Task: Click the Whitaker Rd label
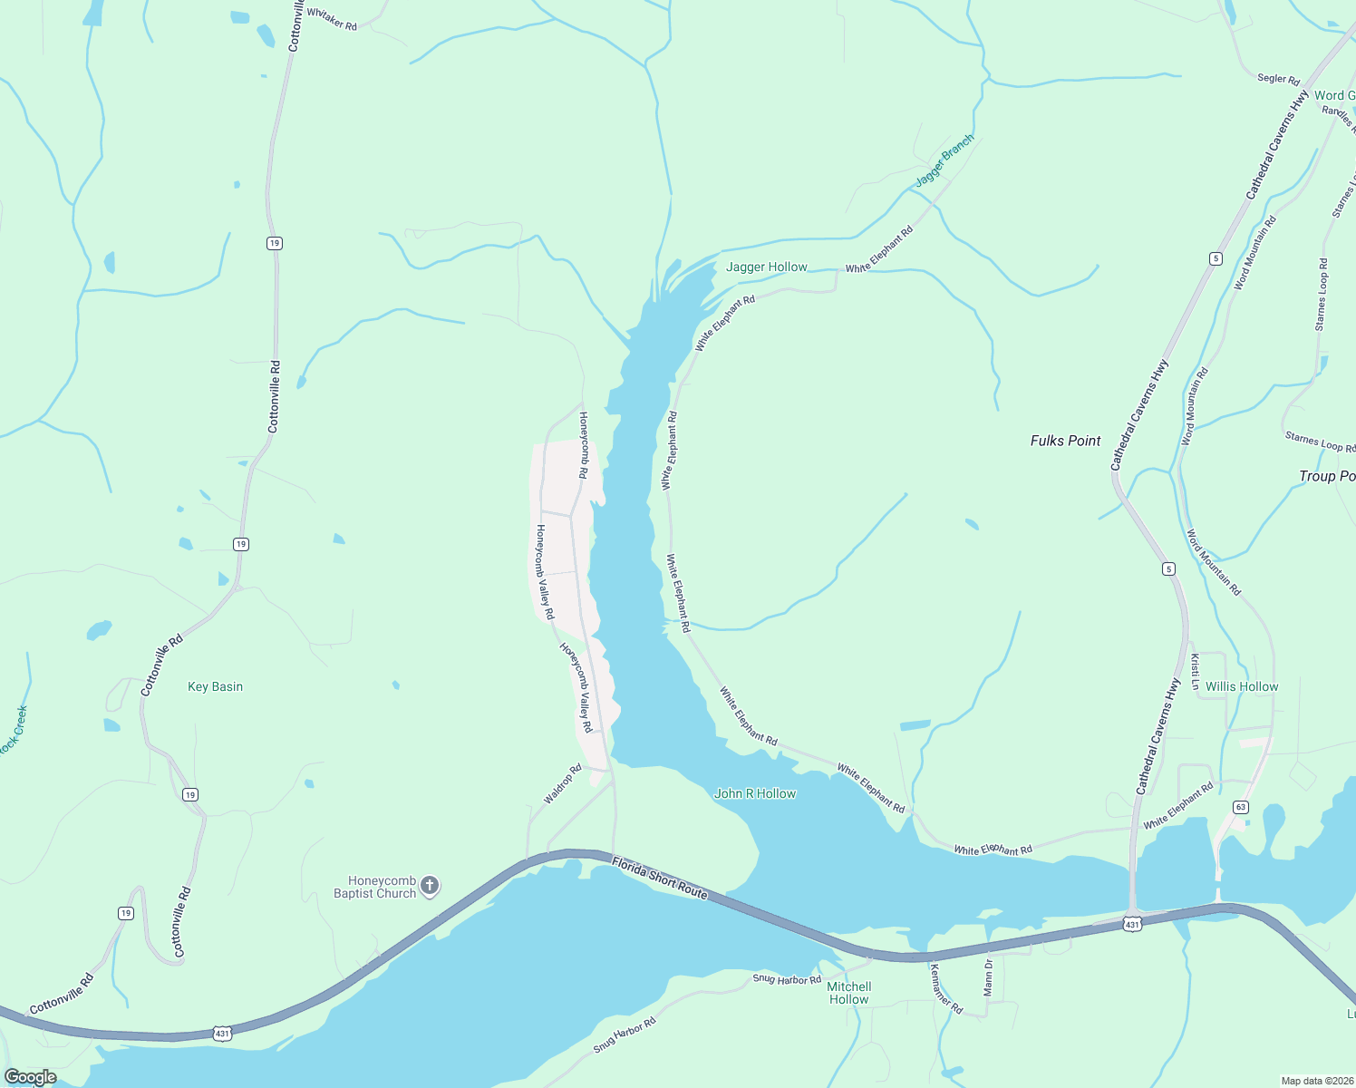tap(332, 18)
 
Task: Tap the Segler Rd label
tap(1278, 79)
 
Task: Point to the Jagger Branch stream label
tap(944, 160)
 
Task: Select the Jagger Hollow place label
tap(766, 267)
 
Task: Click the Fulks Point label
tap(1065, 441)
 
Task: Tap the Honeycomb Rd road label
tap(585, 445)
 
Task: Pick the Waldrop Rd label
tap(563, 784)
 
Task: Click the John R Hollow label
tap(755, 793)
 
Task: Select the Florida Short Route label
tap(659, 877)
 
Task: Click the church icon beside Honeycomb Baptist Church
tap(430, 886)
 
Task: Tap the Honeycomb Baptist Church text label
tap(374, 887)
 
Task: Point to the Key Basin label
tap(215, 686)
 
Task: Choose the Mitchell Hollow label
tap(849, 993)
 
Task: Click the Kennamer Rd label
tap(945, 988)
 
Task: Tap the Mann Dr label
tap(989, 977)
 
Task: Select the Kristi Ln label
tap(1196, 671)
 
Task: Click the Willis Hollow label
tap(1242, 686)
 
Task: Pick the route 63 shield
tap(1241, 807)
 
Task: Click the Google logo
tap(31, 1077)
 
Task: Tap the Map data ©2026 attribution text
tap(1315, 1081)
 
